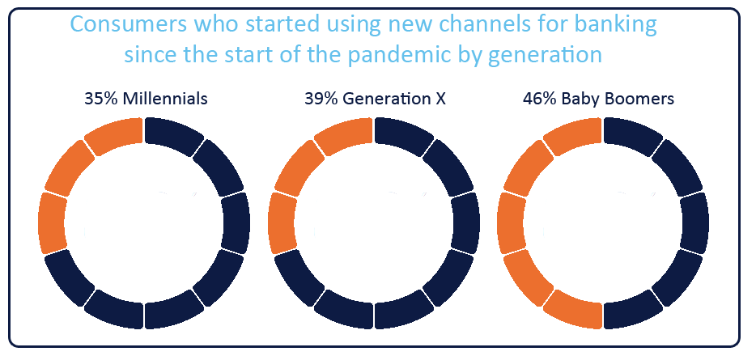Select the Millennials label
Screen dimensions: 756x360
pyautogui.click(x=165, y=99)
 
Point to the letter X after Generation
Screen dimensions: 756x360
pyautogui.click(x=440, y=99)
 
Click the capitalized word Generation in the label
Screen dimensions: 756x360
pyautogui.click(x=386, y=99)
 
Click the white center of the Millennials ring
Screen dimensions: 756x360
pyautogui.click(x=144, y=223)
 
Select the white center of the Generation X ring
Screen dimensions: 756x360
pyautogui.click(x=374, y=223)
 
